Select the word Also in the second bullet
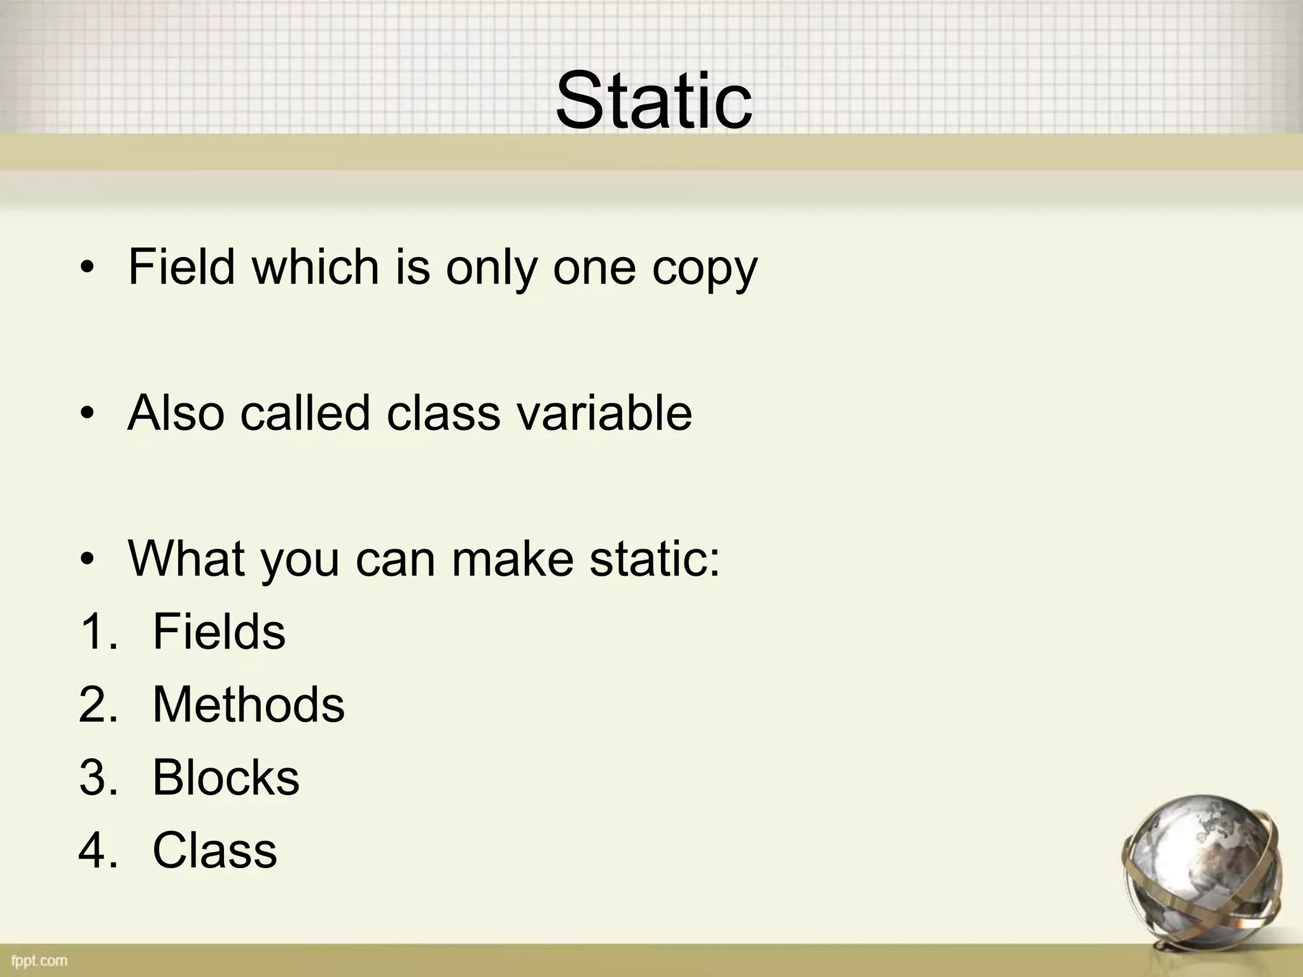[x=176, y=413]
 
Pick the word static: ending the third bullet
[x=655, y=558]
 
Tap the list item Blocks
[x=226, y=777]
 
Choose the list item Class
[x=214, y=850]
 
